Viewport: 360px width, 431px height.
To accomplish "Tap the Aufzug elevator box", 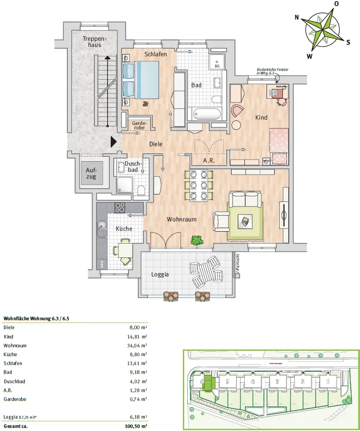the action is pos(91,173).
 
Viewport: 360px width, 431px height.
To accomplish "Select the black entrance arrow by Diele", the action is pos(113,141).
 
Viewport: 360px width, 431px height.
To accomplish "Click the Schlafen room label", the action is pos(155,54).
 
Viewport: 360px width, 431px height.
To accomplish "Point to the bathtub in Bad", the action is pos(206,114).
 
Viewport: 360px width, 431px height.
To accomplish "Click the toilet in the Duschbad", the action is pos(141,190).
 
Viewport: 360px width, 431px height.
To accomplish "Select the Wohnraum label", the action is pos(182,219).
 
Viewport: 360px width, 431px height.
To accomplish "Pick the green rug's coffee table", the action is pos(244,221).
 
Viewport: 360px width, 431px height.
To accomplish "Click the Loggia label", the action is pos(160,274).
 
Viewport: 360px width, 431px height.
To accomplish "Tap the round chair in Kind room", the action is pos(238,110).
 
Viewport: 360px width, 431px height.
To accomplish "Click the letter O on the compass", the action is pos(337,4).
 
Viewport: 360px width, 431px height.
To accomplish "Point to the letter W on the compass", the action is pos(310,56).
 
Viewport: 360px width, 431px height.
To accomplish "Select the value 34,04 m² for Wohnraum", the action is pos(137,345).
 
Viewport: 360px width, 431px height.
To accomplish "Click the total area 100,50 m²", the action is pos(135,426).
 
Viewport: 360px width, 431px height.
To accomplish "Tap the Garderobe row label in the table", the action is pos(15,399).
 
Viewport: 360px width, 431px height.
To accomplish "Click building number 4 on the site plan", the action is pos(252,381).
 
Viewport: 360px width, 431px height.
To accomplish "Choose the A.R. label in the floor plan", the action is pos(209,160).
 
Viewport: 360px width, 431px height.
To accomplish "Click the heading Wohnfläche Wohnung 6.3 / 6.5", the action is pos(36,318).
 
